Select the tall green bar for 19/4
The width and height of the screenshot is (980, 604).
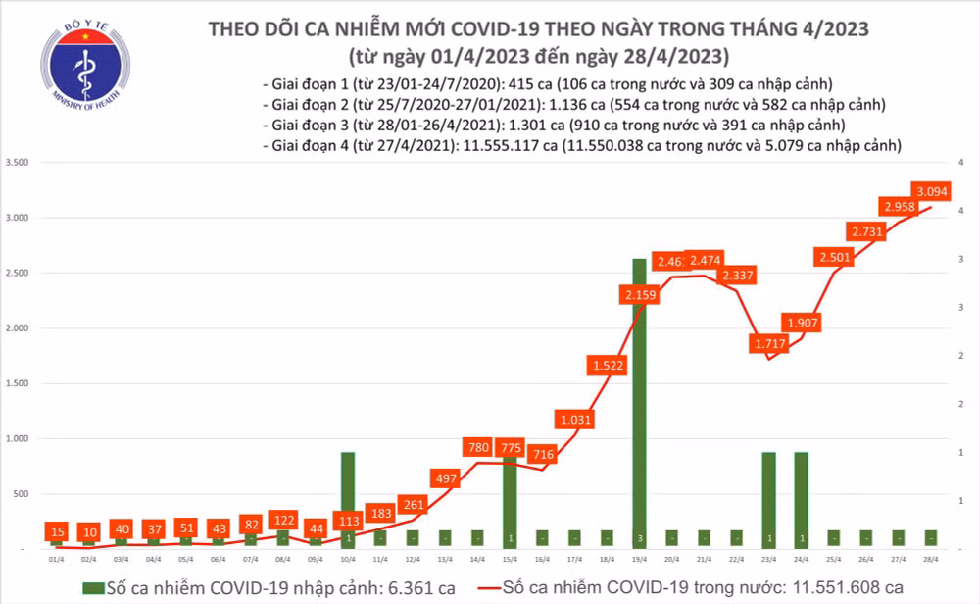(x=638, y=402)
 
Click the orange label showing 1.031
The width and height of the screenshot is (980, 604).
(x=576, y=420)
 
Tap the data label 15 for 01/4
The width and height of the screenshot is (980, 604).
(x=57, y=529)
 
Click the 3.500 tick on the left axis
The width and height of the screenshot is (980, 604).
(x=18, y=162)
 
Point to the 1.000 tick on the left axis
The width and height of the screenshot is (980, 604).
(x=18, y=439)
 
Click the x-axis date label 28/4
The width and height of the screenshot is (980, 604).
(x=929, y=558)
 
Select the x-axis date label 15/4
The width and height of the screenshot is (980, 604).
(x=509, y=558)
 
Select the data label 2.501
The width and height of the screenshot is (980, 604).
(x=835, y=257)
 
